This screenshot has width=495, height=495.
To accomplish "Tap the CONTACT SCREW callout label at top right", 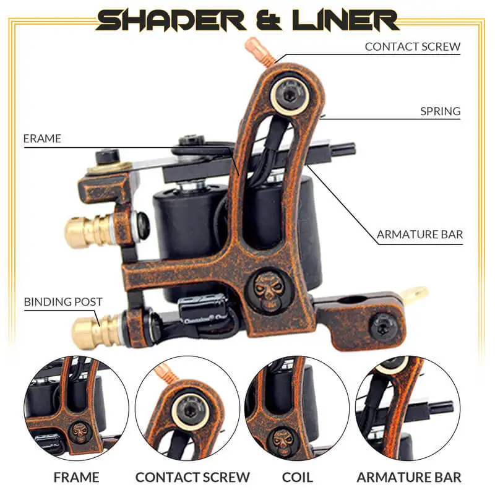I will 412,46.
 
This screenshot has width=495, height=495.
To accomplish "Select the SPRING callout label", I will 441,111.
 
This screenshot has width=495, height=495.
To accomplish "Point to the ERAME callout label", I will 42,139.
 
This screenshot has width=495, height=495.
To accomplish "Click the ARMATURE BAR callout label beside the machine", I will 420,235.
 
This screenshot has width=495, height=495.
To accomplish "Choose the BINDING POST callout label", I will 63,302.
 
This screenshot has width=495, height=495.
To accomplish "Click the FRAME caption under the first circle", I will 76,477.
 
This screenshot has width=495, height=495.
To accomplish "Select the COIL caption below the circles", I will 297,477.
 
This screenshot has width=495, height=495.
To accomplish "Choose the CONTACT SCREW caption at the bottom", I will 192,477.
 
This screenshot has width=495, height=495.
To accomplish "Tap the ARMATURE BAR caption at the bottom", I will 408,477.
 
